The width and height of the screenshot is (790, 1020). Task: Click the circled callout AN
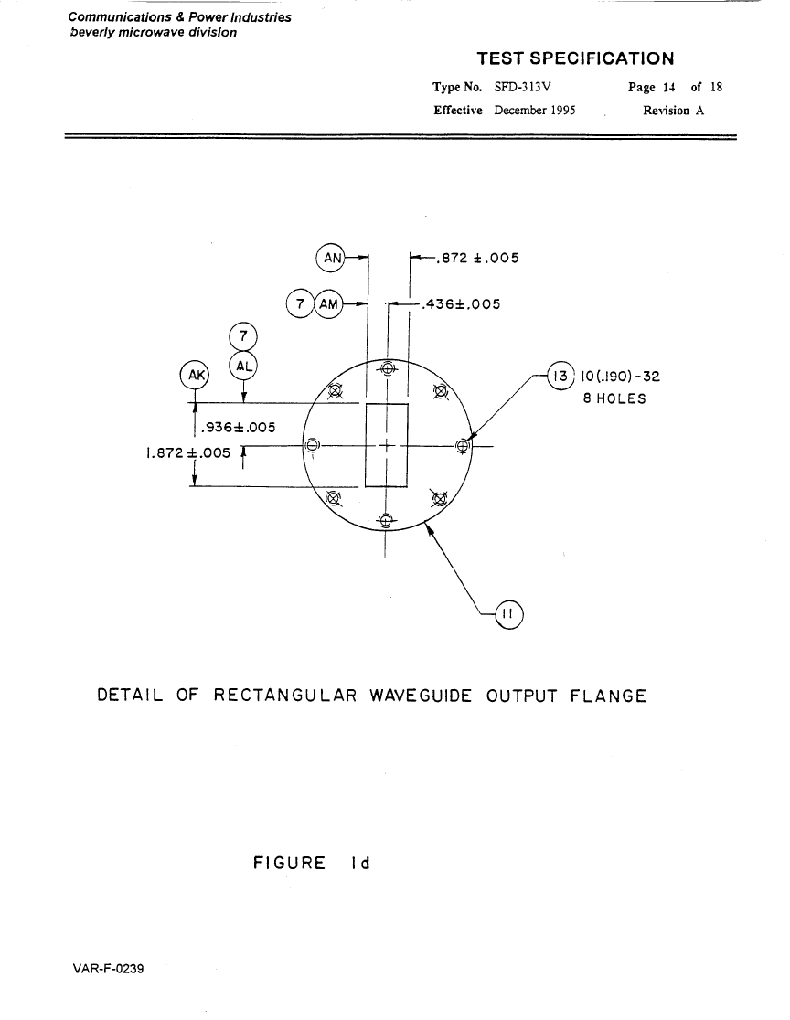pyautogui.click(x=330, y=258)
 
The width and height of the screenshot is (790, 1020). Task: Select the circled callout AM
pyautogui.click(x=328, y=303)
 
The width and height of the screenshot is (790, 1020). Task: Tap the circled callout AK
pyautogui.click(x=196, y=375)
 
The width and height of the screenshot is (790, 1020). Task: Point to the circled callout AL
pyautogui.click(x=243, y=366)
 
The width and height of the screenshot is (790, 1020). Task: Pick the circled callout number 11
pyautogui.click(x=508, y=615)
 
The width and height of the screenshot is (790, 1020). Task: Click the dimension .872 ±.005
pyautogui.click(x=477, y=258)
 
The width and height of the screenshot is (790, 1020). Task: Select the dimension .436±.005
pyautogui.click(x=460, y=304)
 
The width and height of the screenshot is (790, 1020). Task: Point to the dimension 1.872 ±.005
pyautogui.click(x=186, y=452)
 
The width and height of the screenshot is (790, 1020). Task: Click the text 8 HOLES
pyautogui.click(x=614, y=398)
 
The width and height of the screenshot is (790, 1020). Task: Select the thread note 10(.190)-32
pyautogui.click(x=620, y=377)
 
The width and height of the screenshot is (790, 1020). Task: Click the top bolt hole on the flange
pyautogui.click(x=387, y=369)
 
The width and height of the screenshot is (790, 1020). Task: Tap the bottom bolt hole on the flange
pyautogui.click(x=386, y=522)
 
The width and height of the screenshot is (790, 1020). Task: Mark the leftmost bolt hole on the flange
pyautogui.click(x=312, y=446)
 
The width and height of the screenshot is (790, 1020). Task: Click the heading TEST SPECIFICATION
pyautogui.click(x=575, y=59)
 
